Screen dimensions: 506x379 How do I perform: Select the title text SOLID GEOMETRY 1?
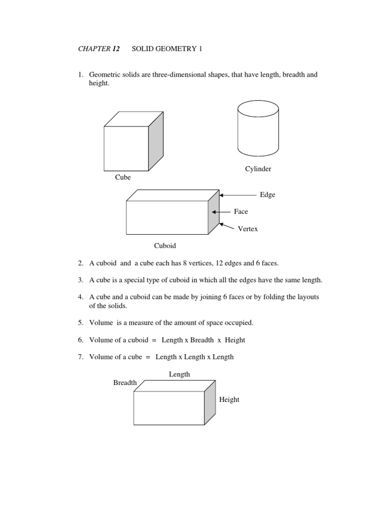(167, 49)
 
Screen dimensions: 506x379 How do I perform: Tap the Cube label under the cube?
(123, 177)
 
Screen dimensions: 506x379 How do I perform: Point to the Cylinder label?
(258, 169)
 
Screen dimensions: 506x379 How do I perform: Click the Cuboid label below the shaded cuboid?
(165, 246)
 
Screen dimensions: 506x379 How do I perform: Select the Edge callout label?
(267, 195)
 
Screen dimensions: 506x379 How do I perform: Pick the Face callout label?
(241, 211)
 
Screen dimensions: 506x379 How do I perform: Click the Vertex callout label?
(247, 229)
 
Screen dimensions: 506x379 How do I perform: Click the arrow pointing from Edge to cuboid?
(239, 195)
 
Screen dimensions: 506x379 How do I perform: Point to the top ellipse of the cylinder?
(258, 108)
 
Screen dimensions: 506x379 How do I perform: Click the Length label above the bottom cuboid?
(179, 375)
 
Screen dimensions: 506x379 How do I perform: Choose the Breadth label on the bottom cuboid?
(125, 382)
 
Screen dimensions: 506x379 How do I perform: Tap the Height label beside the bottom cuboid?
(229, 399)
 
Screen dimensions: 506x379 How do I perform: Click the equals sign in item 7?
(148, 357)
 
